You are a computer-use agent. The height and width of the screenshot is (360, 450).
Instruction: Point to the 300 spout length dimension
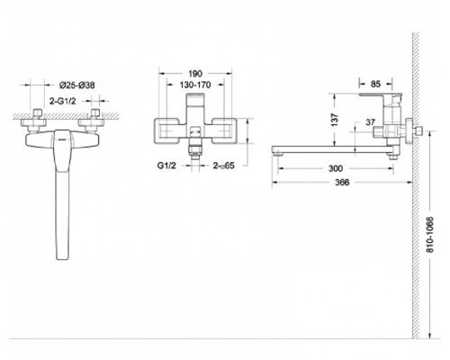tap(336, 168)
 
